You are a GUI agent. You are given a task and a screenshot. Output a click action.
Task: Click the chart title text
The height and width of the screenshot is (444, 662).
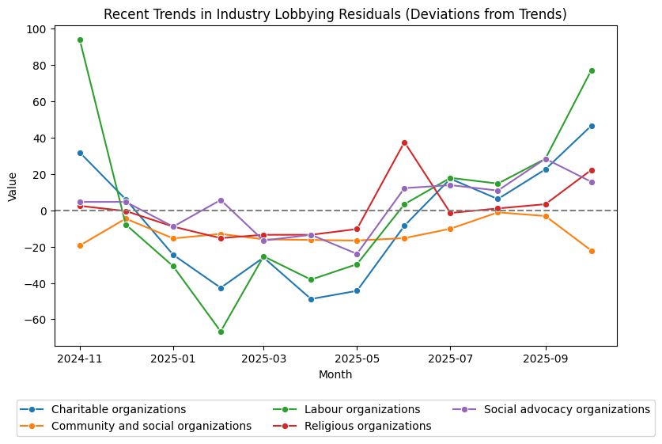tap(335, 14)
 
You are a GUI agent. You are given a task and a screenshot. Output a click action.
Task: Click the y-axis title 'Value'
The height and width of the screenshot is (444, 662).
tap(13, 186)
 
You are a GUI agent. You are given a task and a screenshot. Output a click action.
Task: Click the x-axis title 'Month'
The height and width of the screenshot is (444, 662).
tap(335, 374)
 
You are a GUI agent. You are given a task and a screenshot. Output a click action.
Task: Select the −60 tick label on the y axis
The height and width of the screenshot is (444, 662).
tap(36, 320)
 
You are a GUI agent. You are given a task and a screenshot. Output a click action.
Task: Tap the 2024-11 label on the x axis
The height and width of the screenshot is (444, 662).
tap(80, 358)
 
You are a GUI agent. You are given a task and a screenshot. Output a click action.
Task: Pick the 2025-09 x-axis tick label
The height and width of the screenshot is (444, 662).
tap(545, 358)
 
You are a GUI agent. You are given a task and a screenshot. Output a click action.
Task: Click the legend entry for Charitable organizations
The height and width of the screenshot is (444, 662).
tap(118, 409)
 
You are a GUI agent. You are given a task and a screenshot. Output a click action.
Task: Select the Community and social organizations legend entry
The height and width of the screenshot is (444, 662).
tap(151, 426)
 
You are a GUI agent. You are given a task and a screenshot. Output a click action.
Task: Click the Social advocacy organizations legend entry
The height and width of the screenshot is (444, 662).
tap(566, 409)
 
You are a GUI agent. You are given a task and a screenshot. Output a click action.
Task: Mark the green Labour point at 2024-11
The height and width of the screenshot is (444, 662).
tap(80, 40)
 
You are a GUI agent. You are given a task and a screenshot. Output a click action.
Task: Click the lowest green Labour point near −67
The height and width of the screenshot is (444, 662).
tap(221, 332)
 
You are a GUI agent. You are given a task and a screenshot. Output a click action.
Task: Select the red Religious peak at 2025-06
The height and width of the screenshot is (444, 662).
tap(404, 142)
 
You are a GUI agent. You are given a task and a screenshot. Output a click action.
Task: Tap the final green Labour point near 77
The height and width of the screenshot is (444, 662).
tap(592, 70)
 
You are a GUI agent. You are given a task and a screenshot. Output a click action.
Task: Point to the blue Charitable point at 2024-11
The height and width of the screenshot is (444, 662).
tap(80, 153)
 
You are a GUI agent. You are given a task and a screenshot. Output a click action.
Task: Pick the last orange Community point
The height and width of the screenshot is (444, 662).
tap(592, 251)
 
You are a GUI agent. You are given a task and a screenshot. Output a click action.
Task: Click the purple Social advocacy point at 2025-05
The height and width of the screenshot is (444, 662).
tap(357, 254)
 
